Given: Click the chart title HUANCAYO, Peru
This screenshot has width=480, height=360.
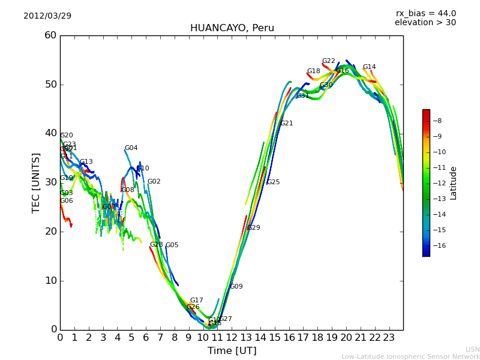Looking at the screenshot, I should [232, 28].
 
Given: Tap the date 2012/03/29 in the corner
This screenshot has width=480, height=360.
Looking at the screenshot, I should [47, 16].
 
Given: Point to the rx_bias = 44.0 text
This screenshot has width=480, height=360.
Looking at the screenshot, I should [425, 14].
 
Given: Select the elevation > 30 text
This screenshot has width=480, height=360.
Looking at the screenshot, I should [425, 23].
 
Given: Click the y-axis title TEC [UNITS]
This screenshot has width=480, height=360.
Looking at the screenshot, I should [36, 182].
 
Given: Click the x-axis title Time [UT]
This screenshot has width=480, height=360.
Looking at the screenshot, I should [232, 350].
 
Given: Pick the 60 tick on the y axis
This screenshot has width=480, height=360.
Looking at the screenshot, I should [50, 35].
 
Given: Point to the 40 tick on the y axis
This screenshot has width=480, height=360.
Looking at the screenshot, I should [50, 133].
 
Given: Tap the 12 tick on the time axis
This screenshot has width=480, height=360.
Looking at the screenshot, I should [232, 338].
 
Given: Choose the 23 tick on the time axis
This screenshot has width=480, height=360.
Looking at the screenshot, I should [389, 338].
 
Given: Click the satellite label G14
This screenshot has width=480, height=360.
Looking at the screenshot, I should [369, 67].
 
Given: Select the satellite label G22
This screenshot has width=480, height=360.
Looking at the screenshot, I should [328, 61].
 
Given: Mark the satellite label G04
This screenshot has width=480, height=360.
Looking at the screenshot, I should [131, 148].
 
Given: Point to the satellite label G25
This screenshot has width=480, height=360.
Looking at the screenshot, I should [273, 182].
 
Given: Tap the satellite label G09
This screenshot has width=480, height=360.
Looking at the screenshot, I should [236, 287].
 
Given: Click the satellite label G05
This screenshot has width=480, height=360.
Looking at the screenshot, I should [172, 245].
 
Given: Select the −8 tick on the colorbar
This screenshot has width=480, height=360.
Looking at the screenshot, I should [437, 121].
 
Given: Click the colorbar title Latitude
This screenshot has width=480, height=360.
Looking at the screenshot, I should [454, 183].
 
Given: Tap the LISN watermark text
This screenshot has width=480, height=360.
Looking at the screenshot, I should [473, 349].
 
